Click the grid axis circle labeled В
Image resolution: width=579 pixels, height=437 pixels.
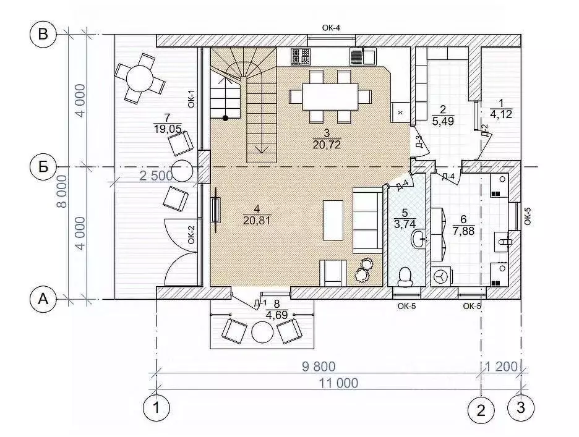click(x=43, y=35)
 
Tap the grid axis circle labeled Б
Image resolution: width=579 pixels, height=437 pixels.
click(x=43, y=167)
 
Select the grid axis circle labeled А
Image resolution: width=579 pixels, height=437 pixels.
click(x=43, y=299)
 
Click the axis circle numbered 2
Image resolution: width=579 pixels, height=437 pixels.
click(x=481, y=410)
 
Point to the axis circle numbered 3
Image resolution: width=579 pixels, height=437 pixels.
click(x=521, y=408)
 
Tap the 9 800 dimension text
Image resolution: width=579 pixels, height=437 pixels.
click(x=319, y=367)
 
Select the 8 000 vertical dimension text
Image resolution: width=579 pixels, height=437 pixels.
click(x=62, y=191)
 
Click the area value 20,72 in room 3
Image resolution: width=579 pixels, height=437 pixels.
click(x=327, y=144)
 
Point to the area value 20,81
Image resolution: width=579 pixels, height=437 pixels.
click(x=257, y=220)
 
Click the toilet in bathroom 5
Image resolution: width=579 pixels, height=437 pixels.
click(x=405, y=276)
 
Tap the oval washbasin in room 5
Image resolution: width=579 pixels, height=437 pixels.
click(x=418, y=239)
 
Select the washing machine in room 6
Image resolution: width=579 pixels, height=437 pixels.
click(x=440, y=276)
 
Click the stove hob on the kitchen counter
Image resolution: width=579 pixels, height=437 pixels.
click(x=300, y=56)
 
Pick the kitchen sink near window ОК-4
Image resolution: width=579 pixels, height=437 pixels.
click(x=362, y=56)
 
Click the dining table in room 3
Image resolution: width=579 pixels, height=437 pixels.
click(x=330, y=96)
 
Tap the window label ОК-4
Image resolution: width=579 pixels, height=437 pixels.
click(x=331, y=28)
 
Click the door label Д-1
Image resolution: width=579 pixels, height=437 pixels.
click(x=260, y=303)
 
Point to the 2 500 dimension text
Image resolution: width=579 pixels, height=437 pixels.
click(x=156, y=176)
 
